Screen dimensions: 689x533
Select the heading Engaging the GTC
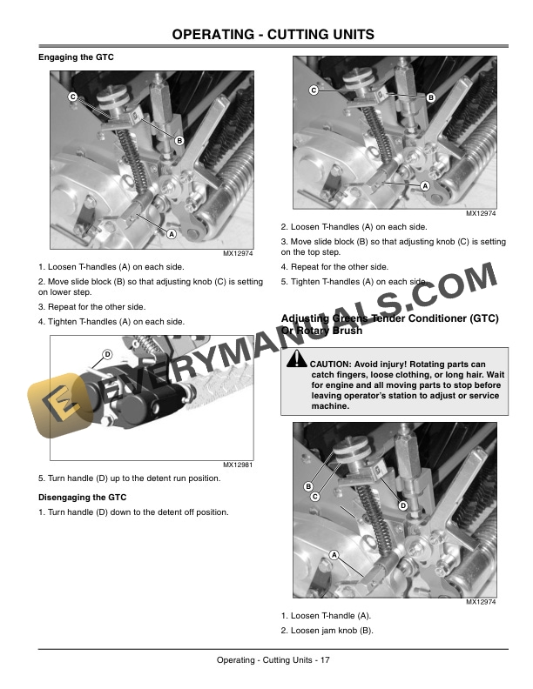click(76, 57)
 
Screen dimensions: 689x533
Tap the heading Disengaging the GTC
click(82, 498)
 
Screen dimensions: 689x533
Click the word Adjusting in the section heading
click(305, 319)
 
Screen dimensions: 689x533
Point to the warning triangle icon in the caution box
click(296, 363)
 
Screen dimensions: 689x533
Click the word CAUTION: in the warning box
click(331, 363)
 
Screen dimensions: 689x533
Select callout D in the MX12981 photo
click(106, 354)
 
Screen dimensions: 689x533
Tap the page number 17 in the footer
click(324, 661)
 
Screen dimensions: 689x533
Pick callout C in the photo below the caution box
click(315, 497)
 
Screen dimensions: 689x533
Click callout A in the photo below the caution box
click(333, 555)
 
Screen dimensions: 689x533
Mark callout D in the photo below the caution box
click(403, 505)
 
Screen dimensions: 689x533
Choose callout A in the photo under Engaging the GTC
click(172, 235)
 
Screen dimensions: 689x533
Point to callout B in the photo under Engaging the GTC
click(179, 140)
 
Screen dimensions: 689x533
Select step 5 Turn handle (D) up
click(129, 478)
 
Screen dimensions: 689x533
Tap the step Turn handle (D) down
click(132, 512)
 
